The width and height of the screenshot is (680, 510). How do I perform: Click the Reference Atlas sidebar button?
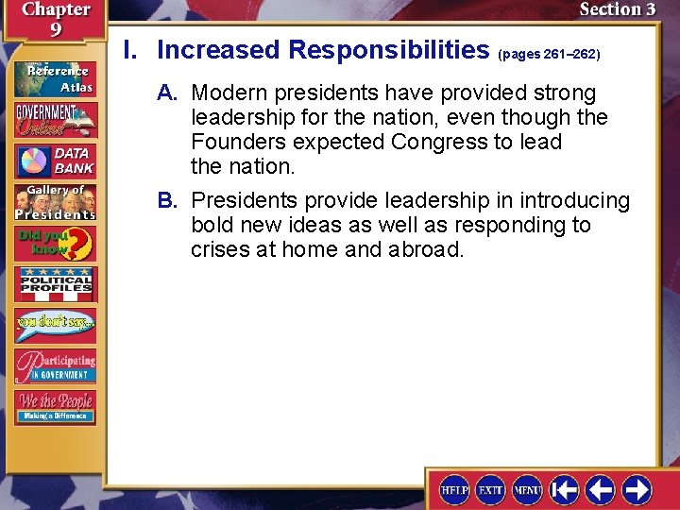click(x=54, y=77)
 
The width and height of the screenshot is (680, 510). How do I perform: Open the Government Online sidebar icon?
click(x=54, y=118)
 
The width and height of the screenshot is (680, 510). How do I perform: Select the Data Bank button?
click(x=54, y=161)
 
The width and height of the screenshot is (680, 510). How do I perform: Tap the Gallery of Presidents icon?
click(x=54, y=202)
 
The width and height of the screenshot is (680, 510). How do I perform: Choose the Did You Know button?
click(x=54, y=244)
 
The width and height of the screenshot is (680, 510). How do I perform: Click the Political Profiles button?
click(x=54, y=284)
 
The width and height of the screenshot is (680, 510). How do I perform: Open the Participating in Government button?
click(x=54, y=366)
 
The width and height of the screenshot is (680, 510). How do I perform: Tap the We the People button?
click(x=54, y=407)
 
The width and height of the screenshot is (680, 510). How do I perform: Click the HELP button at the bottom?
click(x=454, y=490)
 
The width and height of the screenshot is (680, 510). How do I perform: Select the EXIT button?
click(x=490, y=490)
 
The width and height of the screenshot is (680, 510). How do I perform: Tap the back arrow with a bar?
click(x=564, y=490)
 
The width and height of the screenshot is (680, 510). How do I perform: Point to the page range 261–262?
click(x=549, y=55)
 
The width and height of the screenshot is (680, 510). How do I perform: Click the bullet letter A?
click(x=167, y=93)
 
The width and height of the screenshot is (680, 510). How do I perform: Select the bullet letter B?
click(x=167, y=201)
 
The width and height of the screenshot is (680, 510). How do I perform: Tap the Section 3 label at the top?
click(x=617, y=10)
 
